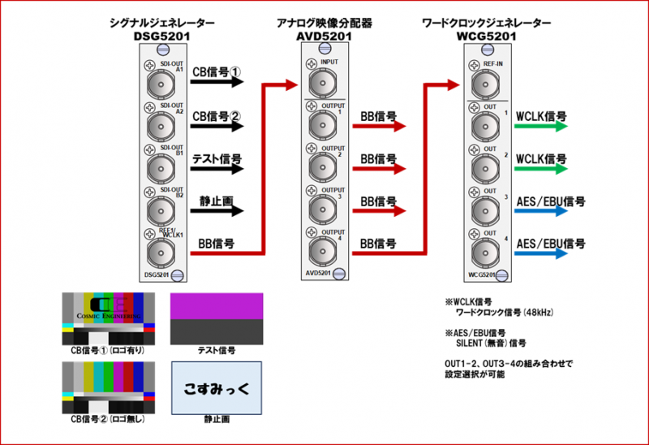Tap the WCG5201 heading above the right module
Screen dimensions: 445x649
(x=486, y=36)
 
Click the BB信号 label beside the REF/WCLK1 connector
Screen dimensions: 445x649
(x=217, y=242)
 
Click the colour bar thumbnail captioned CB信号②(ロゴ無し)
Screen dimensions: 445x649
(x=109, y=382)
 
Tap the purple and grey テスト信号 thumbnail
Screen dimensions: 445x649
(x=217, y=318)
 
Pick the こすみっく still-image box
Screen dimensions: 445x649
(x=217, y=387)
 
